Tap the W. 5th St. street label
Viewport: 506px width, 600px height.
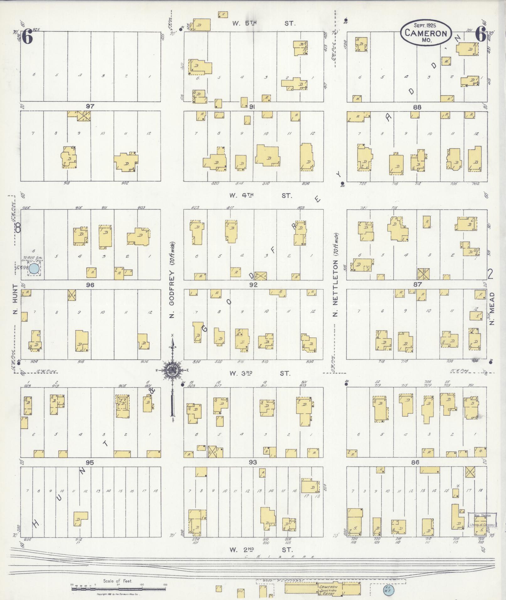(x=264, y=23)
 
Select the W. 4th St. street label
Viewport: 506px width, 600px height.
(x=260, y=196)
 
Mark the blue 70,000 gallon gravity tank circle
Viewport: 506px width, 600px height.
(x=34, y=268)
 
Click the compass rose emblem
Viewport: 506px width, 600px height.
(x=172, y=370)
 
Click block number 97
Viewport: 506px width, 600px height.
(x=90, y=106)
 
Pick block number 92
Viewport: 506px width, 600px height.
(x=253, y=285)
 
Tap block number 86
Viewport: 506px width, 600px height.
(x=416, y=462)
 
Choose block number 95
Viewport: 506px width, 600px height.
(x=90, y=462)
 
